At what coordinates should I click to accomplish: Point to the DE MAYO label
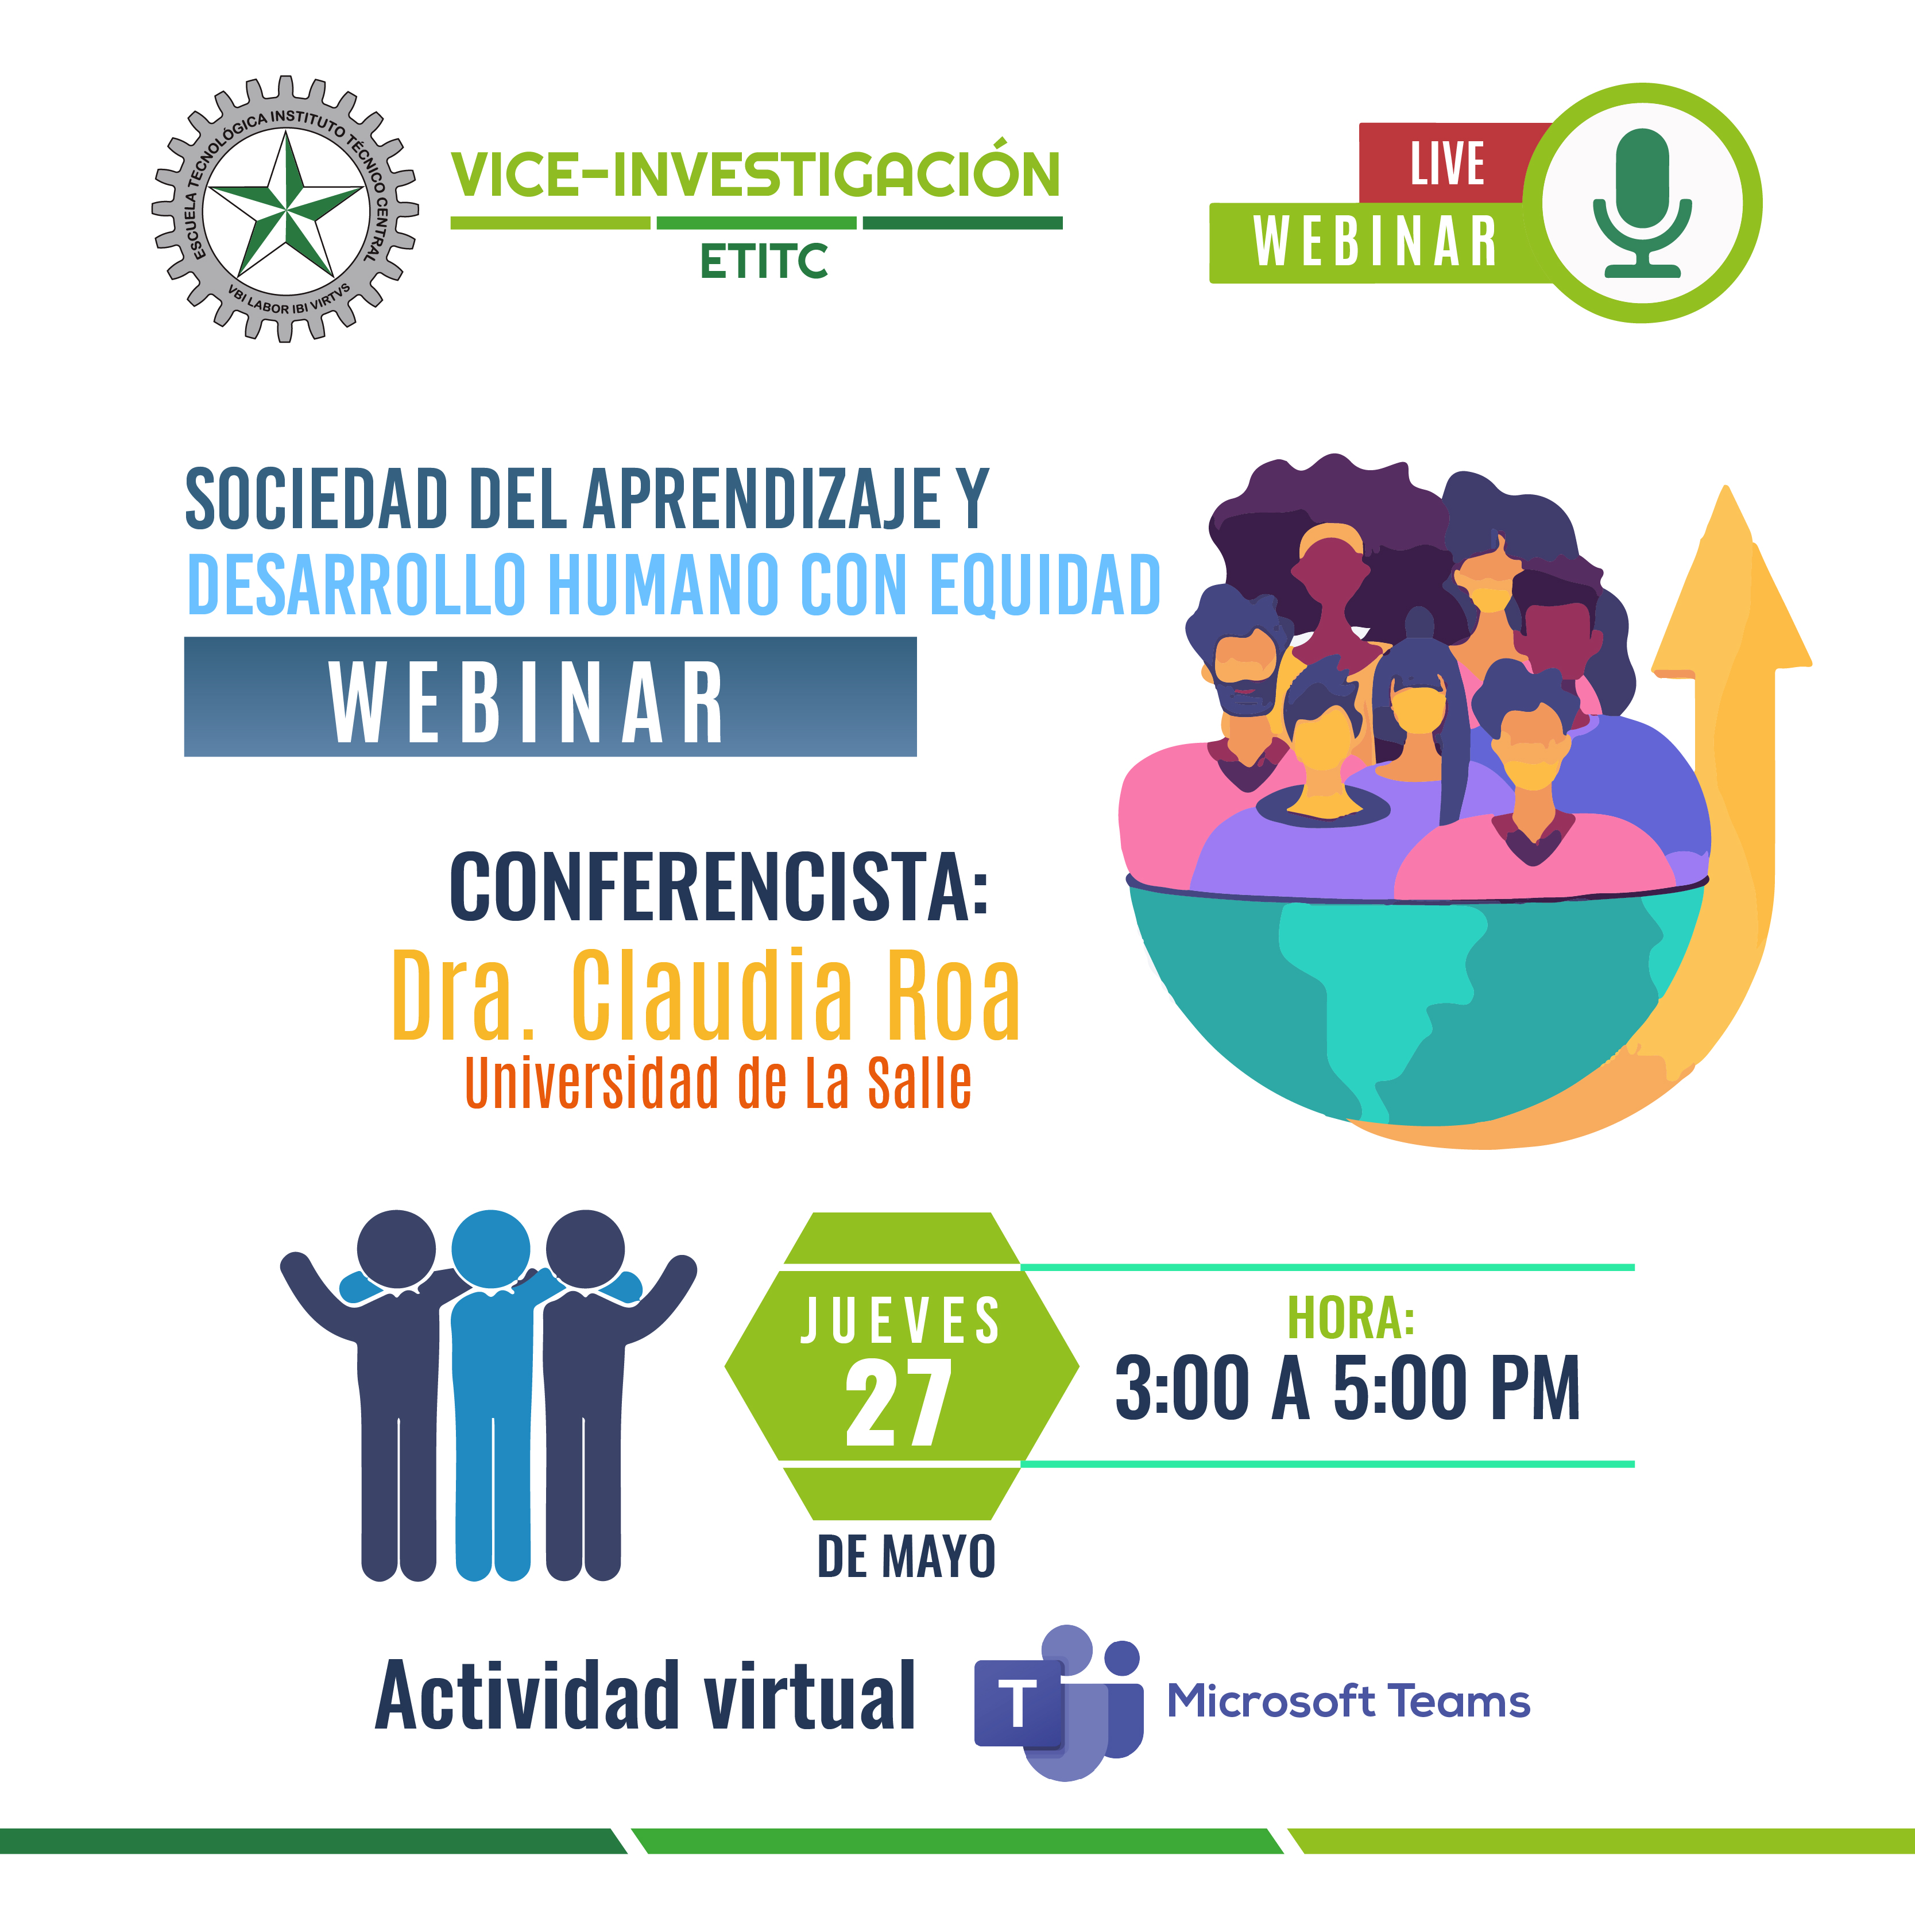[x=906, y=1556]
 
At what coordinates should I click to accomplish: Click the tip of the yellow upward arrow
[x=1726, y=487]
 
